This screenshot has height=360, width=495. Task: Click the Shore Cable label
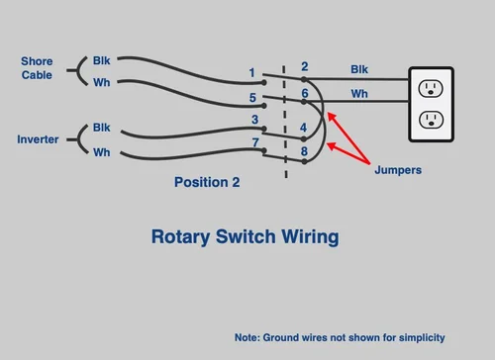[38, 67]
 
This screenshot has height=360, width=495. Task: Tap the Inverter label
[38, 139]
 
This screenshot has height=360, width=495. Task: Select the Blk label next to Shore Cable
[102, 60]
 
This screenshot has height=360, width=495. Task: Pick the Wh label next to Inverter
[102, 152]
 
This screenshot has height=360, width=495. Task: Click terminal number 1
[252, 73]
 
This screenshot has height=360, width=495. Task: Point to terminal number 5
[252, 98]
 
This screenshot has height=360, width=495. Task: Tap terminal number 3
[253, 120]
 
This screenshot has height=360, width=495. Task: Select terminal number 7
[254, 143]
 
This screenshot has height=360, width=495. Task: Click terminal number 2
[304, 67]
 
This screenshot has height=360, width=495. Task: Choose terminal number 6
[305, 93]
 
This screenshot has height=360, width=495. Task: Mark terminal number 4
[304, 128]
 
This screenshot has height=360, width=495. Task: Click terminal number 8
[305, 151]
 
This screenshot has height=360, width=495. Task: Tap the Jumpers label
[398, 170]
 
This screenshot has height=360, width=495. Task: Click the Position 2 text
[207, 182]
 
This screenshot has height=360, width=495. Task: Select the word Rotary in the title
[177, 237]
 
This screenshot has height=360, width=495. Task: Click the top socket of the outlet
[431, 89]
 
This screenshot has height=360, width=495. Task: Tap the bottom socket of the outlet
[431, 120]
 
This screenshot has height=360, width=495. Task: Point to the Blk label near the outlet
[360, 69]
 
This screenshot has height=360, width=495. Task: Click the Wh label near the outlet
[359, 94]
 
